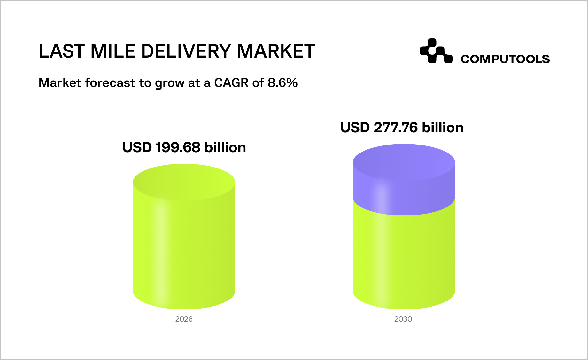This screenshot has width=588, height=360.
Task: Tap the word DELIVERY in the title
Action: click(186, 51)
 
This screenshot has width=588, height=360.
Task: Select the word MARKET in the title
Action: click(276, 51)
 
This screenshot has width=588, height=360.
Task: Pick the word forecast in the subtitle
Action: click(110, 83)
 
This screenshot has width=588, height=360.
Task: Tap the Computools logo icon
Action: click(436, 51)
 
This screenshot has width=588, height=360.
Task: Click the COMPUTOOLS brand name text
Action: click(505, 59)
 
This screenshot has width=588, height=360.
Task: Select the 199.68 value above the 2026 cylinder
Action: click(178, 147)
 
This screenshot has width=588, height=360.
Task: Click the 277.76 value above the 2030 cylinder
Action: click(396, 128)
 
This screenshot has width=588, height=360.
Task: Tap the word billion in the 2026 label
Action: click(225, 147)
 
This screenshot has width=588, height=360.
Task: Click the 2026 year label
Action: click(184, 319)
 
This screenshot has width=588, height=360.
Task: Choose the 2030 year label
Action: click(403, 319)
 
